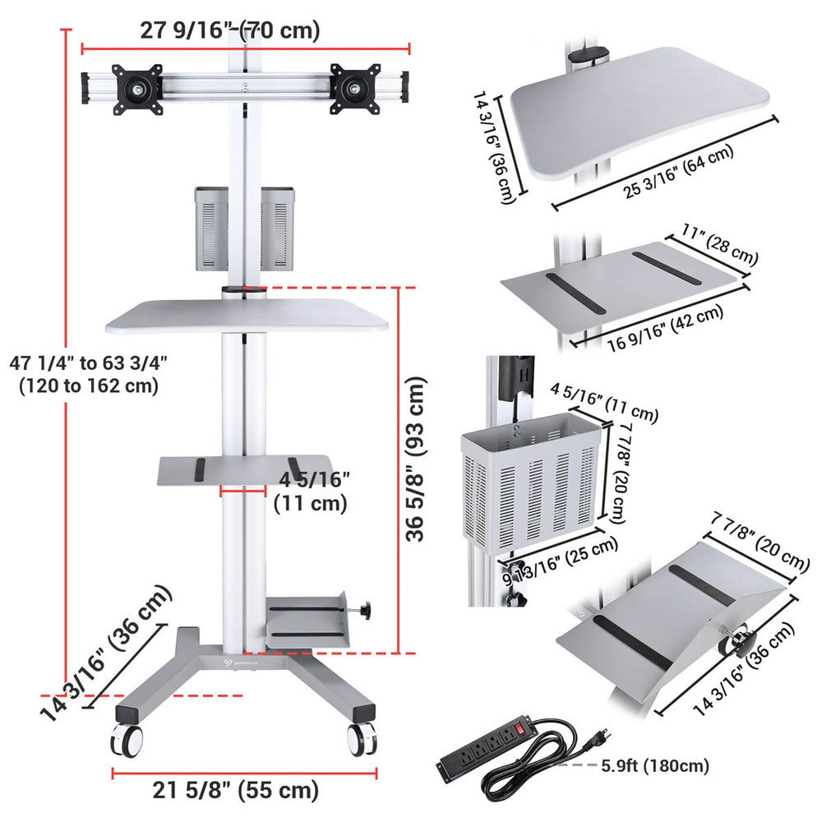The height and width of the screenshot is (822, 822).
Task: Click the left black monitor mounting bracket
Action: pos(136,89)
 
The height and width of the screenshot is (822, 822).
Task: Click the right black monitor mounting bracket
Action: pos(355,89)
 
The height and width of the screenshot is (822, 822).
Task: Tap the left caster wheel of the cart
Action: pos(127,740)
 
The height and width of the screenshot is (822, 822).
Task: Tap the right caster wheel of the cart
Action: pos(362,739)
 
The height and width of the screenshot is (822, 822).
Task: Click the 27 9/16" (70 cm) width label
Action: pos(229,30)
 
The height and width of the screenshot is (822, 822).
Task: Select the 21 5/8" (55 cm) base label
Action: pos(236,789)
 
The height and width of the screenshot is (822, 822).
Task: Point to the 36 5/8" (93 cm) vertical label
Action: pos(416,459)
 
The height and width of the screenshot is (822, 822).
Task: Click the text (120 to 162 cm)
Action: pos(89,386)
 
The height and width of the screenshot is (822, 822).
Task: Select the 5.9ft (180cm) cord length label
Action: pos(655,765)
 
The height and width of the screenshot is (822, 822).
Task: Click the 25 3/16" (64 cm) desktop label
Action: pos(679,172)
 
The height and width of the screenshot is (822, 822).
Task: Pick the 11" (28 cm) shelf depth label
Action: pos(720,245)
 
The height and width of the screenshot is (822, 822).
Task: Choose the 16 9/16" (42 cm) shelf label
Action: pos(666,329)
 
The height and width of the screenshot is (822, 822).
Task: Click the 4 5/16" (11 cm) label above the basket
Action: pos(604,403)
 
